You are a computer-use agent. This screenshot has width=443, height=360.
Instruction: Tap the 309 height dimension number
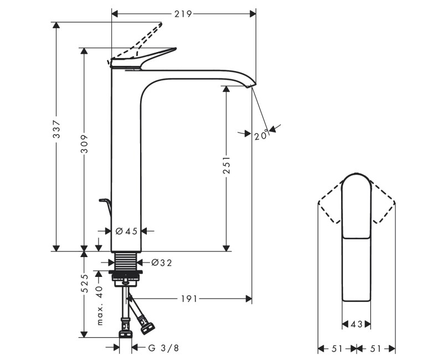[x=84, y=146]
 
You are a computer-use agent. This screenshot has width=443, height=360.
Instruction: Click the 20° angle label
[x=261, y=135]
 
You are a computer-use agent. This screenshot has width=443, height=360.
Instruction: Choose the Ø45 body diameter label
[x=127, y=232]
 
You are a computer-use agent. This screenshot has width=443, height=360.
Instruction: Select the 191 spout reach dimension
[x=188, y=299]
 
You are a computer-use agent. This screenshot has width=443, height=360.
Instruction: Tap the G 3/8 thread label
[x=164, y=348]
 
